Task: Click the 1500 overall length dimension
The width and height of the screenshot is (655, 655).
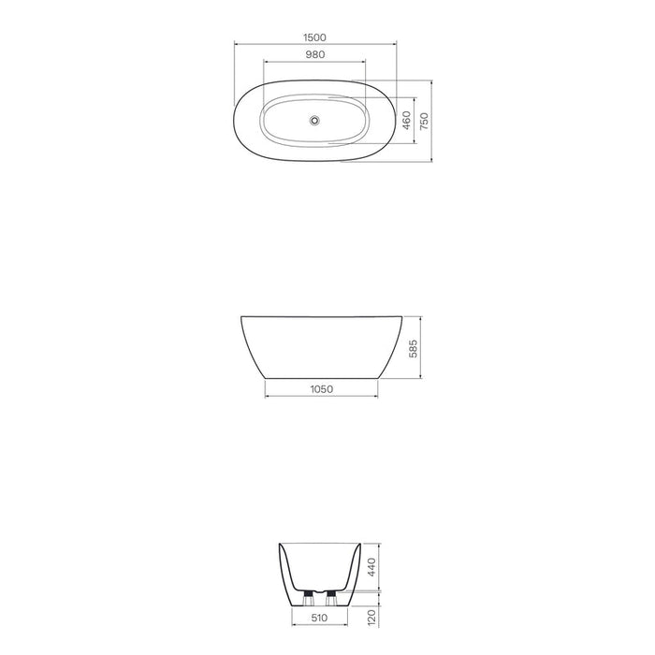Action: (x=314, y=36)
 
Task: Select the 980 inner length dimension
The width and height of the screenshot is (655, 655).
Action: (x=314, y=54)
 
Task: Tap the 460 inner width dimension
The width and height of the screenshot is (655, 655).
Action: (x=406, y=122)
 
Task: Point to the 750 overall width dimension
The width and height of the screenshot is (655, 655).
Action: (x=423, y=121)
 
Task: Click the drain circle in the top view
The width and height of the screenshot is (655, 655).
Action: (x=314, y=119)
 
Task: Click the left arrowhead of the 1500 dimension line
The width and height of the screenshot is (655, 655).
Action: (x=236, y=43)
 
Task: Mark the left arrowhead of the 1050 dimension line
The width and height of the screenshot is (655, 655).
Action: (x=268, y=395)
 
